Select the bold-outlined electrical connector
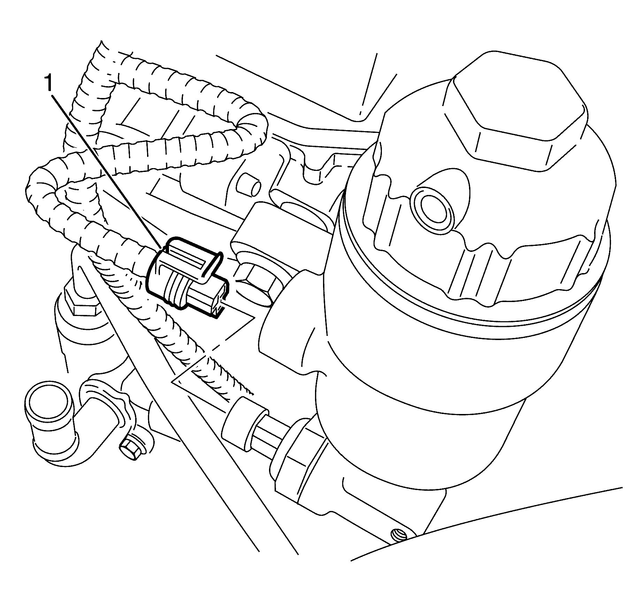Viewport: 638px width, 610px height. [x=185, y=276]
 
